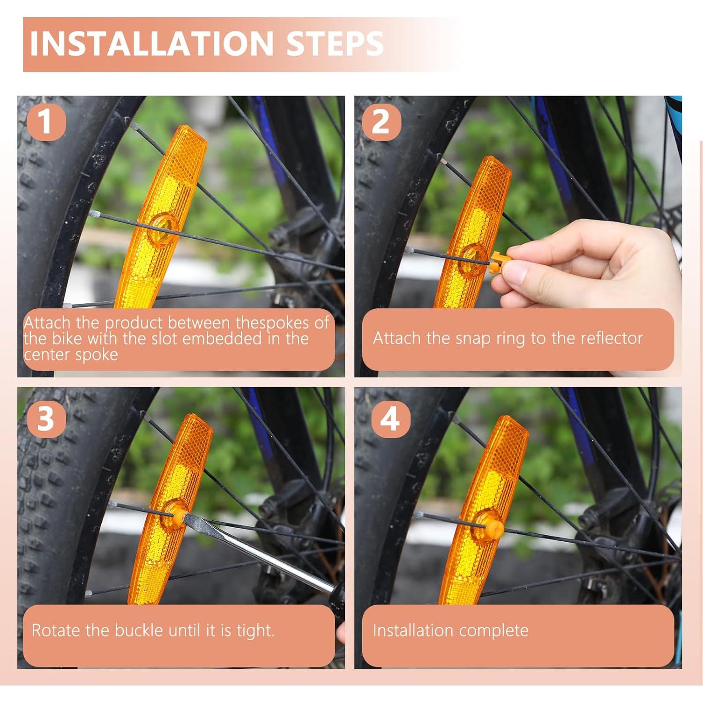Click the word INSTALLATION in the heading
point(151,43)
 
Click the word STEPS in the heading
point(335,43)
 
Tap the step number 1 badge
point(45,121)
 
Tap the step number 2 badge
point(381,121)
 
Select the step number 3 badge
point(45,418)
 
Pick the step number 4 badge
point(390,418)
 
